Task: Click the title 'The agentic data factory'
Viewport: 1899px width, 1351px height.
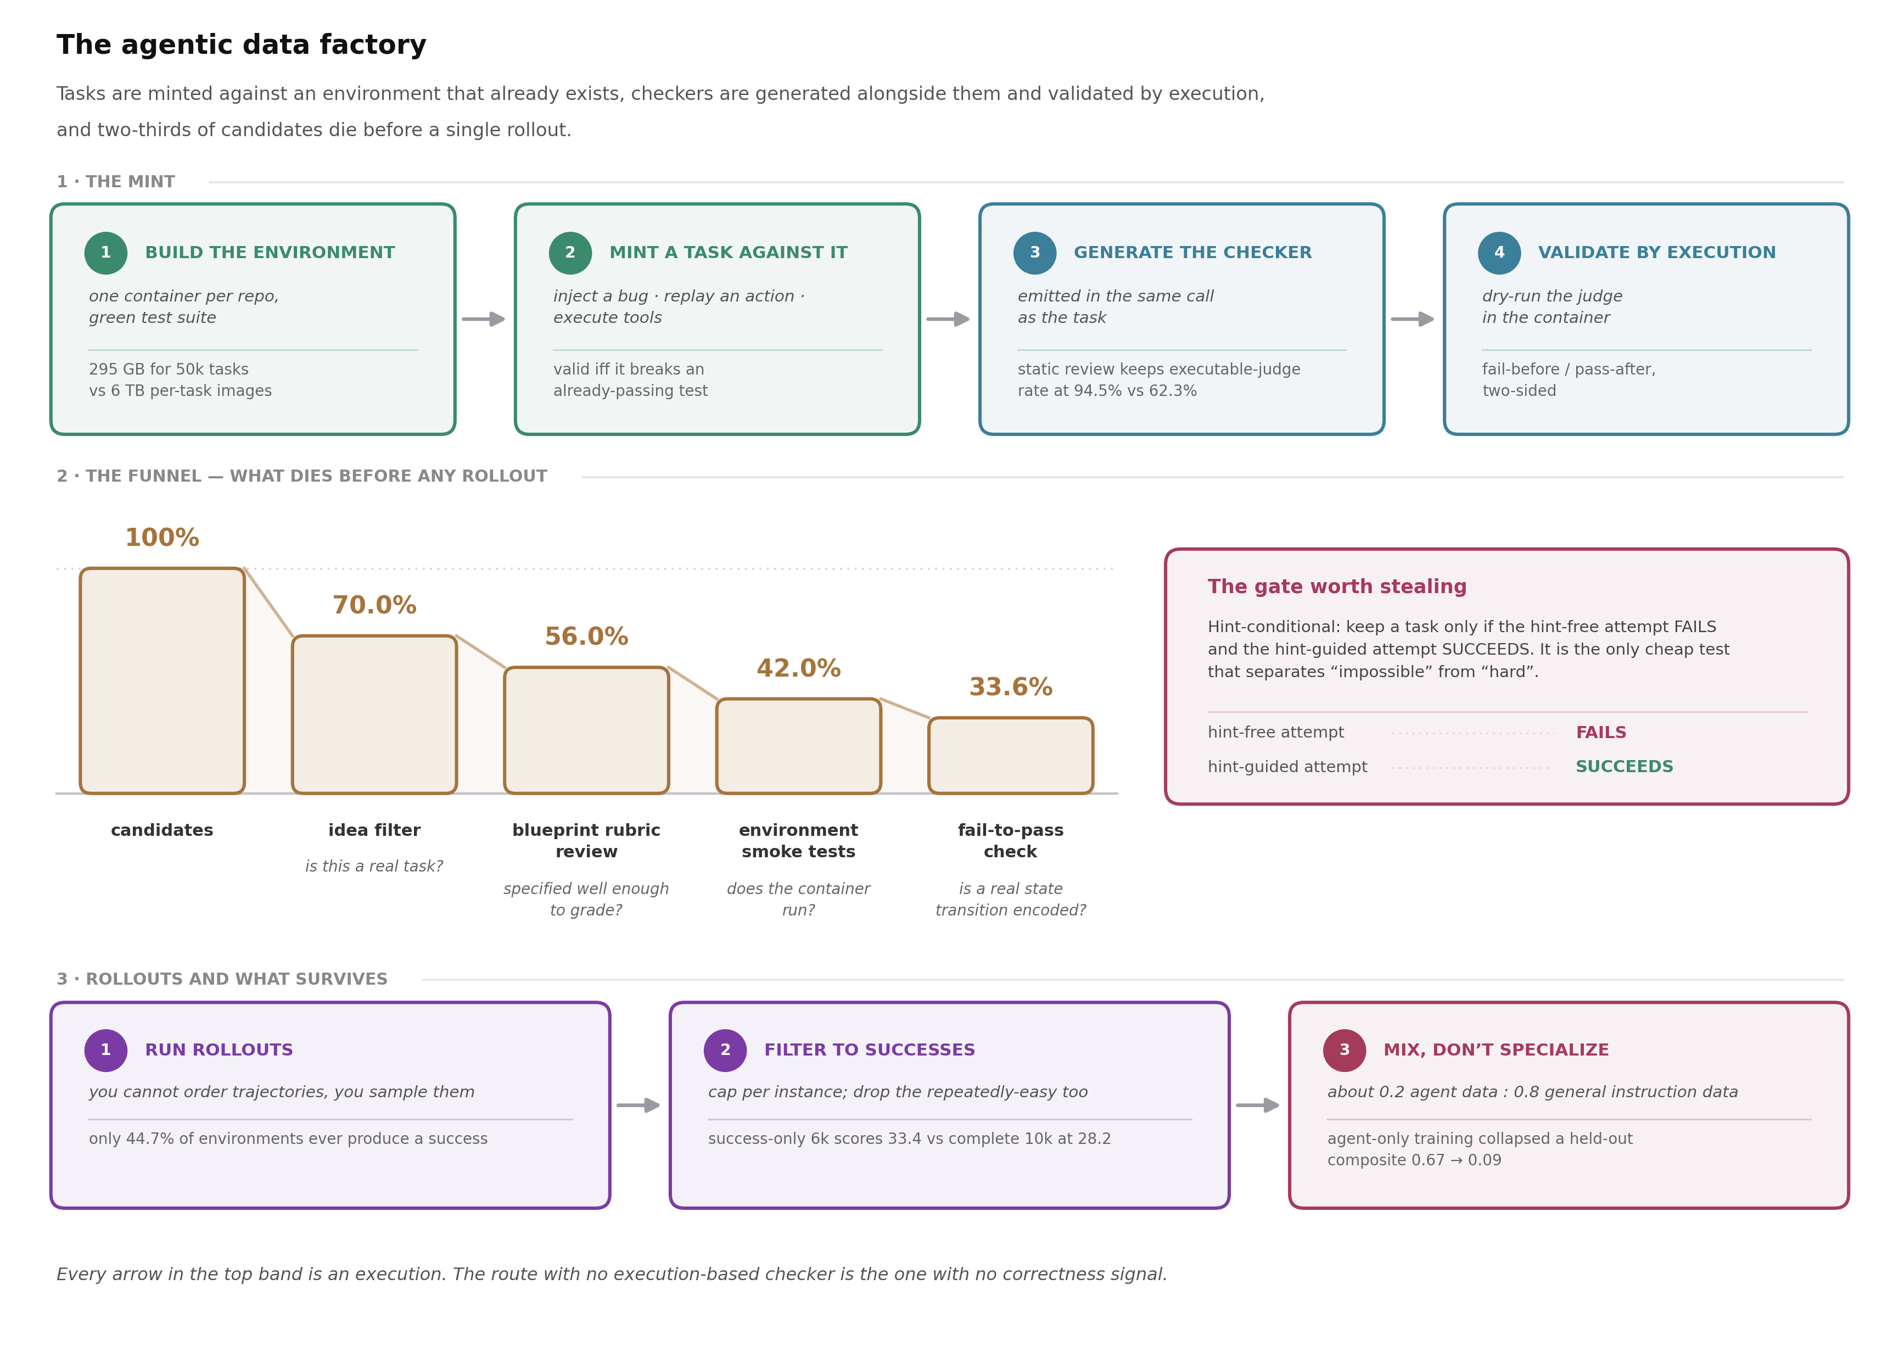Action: pyautogui.click(x=241, y=45)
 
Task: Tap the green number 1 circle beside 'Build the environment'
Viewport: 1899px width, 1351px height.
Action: pyautogui.click(x=105, y=253)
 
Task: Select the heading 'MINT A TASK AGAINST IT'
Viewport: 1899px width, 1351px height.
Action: pyautogui.click(x=729, y=253)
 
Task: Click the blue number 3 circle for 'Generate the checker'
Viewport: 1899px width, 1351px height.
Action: pyautogui.click(x=1034, y=253)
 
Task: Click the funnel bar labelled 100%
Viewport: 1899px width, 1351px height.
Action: pyautogui.click(x=162, y=680)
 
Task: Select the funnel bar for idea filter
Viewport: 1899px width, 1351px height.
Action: pyautogui.click(x=374, y=714)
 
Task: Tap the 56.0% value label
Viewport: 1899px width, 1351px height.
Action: pyautogui.click(x=586, y=637)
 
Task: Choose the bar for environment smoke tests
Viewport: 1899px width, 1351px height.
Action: pyautogui.click(x=798, y=746)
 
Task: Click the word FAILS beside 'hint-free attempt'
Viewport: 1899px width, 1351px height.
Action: pyautogui.click(x=1600, y=733)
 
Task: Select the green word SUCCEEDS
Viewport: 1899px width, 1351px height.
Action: pyautogui.click(x=1624, y=767)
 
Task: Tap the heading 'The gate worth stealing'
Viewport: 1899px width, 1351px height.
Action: pyautogui.click(x=1337, y=587)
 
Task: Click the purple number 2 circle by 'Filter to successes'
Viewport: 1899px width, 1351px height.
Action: pyautogui.click(x=725, y=1051)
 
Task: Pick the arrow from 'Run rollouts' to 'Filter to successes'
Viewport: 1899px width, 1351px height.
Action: pyautogui.click(x=638, y=1106)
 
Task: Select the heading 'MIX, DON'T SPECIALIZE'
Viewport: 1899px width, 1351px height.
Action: pyautogui.click(x=1495, y=1051)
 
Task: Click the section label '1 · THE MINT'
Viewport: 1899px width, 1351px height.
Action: pyautogui.click(x=116, y=182)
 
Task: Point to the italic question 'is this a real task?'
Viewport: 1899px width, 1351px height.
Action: pyautogui.click(x=374, y=867)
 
